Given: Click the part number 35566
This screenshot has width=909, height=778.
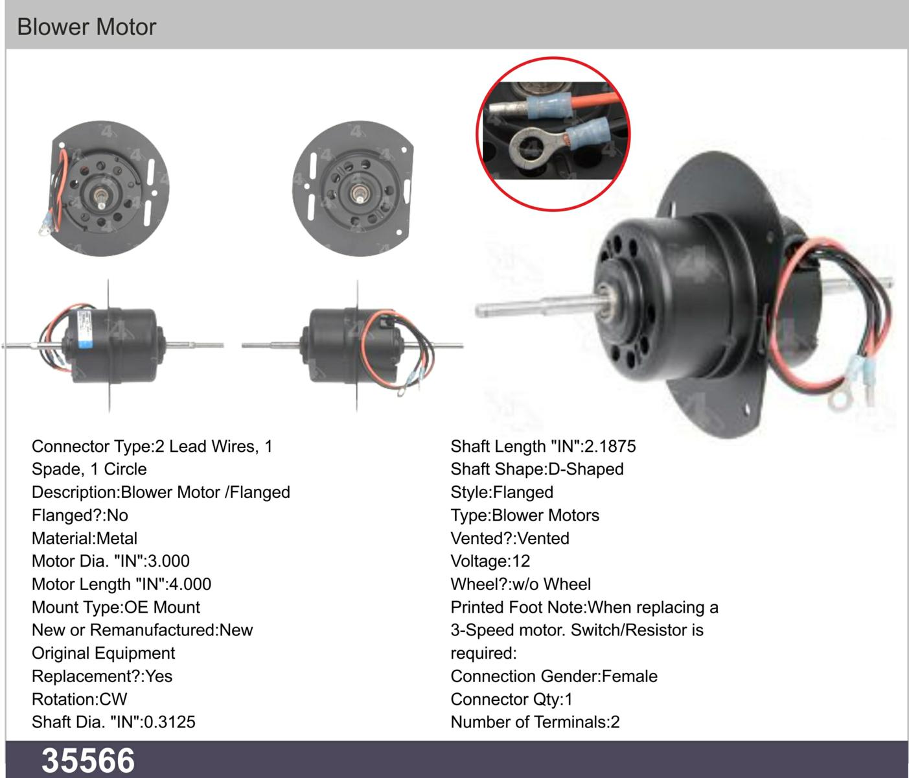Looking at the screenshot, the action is point(88,760).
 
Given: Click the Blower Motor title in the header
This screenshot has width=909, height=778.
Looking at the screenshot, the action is point(87,27).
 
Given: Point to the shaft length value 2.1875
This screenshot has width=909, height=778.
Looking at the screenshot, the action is point(610,446).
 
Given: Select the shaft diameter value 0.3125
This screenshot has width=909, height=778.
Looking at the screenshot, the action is point(170,722).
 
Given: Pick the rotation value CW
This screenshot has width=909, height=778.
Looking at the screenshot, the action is point(113,700).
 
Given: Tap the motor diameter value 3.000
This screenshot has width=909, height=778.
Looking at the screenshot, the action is point(169,561).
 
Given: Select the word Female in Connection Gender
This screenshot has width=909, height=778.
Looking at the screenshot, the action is point(629,676).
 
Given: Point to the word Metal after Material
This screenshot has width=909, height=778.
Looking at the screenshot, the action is point(117,538).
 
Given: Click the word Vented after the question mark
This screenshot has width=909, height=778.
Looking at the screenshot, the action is point(543,538).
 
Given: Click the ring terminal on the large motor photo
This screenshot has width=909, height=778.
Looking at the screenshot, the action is point(839,400).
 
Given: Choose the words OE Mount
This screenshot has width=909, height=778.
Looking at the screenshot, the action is point(162,607).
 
